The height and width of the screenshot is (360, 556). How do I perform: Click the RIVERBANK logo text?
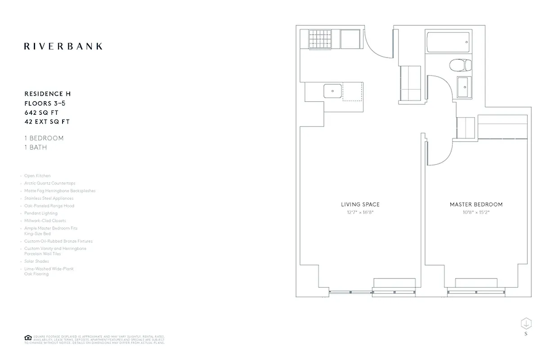tap(63, 46)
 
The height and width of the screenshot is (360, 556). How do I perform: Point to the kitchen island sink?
tap(332, 91)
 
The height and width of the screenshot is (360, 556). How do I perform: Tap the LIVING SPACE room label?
tap(360, 204)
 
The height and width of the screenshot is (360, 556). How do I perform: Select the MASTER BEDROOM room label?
tap(476, 204)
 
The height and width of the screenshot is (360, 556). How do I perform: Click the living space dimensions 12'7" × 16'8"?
tap(360, 212)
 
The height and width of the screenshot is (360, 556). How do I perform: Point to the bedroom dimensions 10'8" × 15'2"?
tap(476, 212)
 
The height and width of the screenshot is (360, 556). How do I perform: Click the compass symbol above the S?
tap(526, 323)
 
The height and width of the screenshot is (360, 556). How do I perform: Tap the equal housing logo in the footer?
tap(28, 338)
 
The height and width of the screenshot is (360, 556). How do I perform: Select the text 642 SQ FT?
tap(41, 112)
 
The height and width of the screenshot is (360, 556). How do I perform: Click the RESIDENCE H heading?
tap(47, 94)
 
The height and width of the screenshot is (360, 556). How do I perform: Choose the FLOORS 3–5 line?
tap(45, 103)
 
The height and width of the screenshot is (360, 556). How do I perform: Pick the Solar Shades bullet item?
tap(36, 261)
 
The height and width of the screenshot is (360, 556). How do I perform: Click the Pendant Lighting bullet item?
tap(40, 213)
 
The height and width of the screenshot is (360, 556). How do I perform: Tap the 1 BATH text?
tap(36, 147)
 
